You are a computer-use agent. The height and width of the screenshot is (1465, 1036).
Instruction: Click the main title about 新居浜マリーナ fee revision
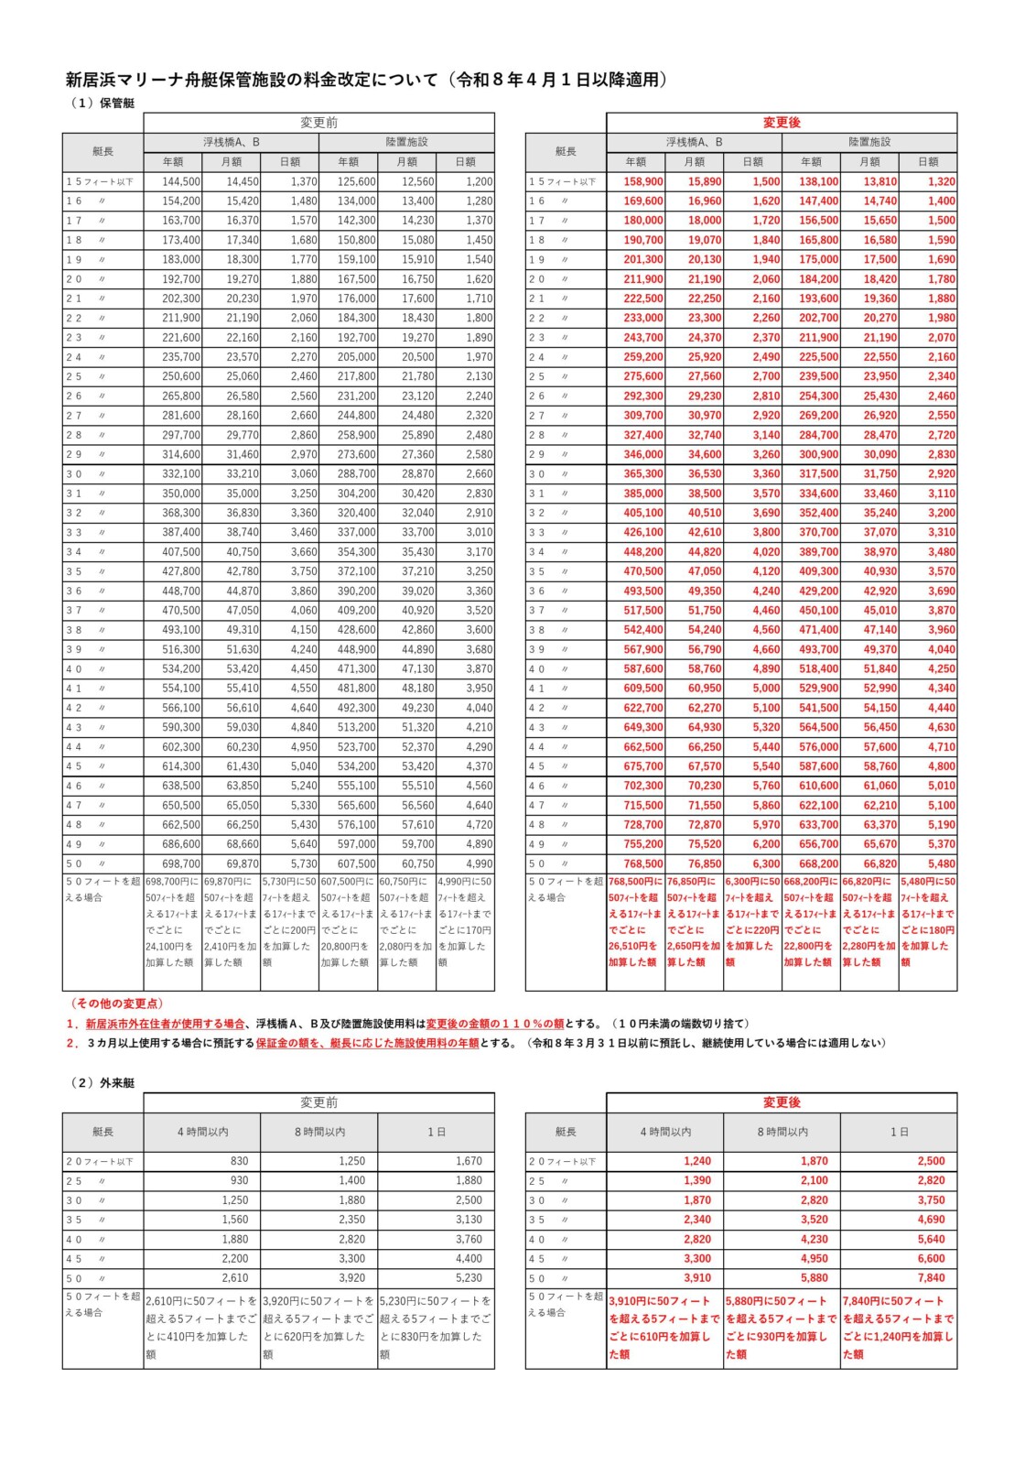366,80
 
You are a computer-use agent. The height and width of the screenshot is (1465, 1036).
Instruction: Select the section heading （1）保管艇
103,103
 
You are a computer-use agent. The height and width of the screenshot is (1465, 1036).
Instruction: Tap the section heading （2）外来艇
103,1082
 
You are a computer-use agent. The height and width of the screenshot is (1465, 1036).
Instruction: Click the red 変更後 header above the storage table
782,123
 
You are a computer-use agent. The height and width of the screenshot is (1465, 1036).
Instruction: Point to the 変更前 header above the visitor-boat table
318,1102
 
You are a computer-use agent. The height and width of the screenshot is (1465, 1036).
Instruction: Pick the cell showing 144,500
181,181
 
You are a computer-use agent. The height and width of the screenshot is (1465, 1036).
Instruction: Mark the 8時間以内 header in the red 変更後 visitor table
782,1132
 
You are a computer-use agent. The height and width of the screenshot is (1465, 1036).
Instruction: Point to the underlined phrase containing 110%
494,1024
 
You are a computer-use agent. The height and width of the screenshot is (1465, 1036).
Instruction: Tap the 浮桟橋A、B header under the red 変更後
694,142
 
